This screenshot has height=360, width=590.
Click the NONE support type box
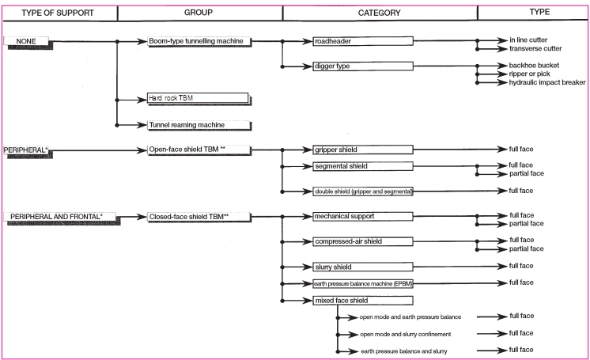[27, 40]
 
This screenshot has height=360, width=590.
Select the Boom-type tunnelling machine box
[199, 40]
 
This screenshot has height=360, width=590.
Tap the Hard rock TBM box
[199, 99]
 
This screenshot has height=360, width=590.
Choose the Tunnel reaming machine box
[199, 125]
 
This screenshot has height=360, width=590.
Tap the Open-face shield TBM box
[199, 149]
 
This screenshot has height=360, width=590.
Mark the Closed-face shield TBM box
[199, 215]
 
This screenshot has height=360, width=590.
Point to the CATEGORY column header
[379, 13]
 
